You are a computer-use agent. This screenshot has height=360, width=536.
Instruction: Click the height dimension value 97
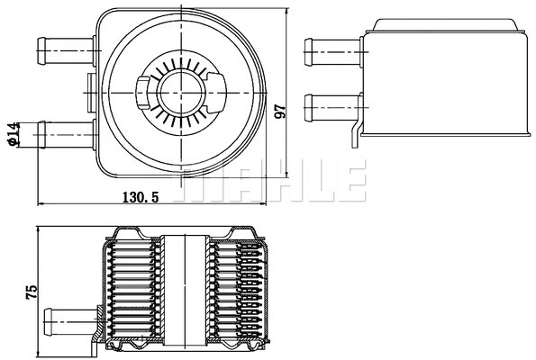280,111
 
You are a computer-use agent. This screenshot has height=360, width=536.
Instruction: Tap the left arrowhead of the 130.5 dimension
39,205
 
